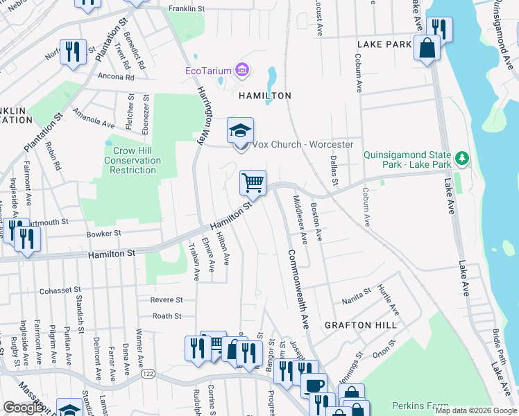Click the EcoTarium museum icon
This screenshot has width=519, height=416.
(x=242, y=69)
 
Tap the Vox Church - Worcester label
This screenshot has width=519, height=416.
(x=303, y=145)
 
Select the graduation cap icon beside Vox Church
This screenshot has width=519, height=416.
(x=240, y=130)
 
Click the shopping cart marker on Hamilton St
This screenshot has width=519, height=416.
(x=253, y=183)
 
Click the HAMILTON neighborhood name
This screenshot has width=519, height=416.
(x=265, y=96)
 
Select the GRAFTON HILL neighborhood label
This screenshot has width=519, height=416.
(x=361, y=324)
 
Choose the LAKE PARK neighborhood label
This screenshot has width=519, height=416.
(x=384, y=44)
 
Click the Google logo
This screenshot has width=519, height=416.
(x=24, y=408)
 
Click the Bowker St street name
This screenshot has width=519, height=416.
(x=104, y=234)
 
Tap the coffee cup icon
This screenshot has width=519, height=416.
(x=315, y=384)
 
